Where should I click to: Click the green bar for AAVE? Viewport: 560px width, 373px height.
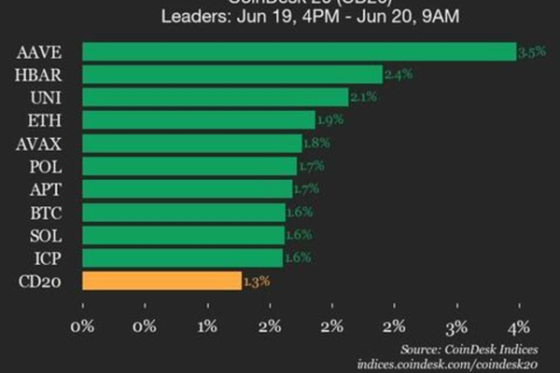299,51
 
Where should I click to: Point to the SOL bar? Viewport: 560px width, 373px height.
183,234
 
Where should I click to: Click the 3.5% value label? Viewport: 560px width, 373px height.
530,53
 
